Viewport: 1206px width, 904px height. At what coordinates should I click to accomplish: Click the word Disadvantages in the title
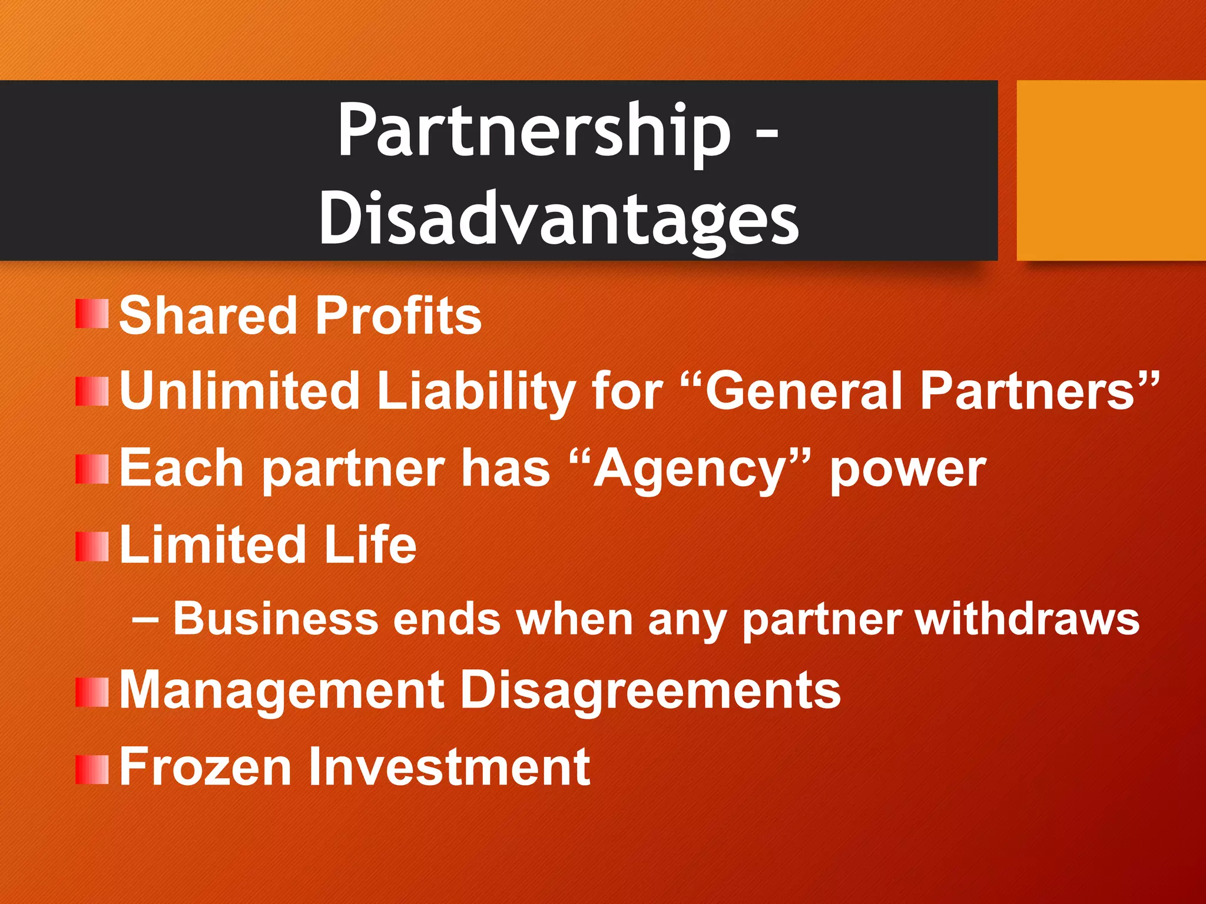coord(558,219)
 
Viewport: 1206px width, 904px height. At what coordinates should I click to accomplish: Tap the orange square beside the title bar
coord(1111,171)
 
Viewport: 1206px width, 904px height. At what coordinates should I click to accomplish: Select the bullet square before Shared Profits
coord(92,314)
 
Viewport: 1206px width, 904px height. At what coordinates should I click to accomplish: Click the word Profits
coord(398,315)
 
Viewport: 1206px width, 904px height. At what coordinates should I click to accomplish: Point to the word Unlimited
coord(239,390)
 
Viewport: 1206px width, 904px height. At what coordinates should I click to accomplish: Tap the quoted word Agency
coord(690,469)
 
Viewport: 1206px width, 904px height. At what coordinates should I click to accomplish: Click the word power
coord(907,470)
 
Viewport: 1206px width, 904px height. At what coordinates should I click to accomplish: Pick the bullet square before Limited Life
coord(92,547)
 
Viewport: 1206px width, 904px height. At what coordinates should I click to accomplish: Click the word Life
coord(370,544)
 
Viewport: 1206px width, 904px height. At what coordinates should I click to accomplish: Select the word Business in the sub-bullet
coord(276,619)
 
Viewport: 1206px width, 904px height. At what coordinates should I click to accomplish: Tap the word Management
coord(281,690)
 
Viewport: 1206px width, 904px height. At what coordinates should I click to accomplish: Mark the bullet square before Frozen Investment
coord(92,770)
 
